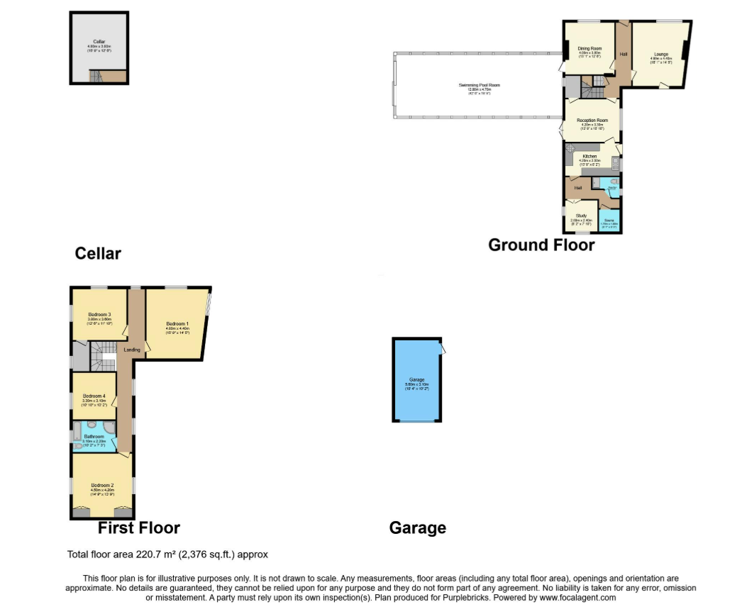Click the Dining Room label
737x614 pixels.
(589, 48)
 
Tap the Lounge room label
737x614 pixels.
(660, 54)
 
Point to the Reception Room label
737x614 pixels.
(592, 121)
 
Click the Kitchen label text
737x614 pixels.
(589, 156)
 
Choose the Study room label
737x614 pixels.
(580, 216)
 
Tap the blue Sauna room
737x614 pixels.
(609, 221)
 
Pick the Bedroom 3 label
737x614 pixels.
(99, 314)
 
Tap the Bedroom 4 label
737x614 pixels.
(94, 396)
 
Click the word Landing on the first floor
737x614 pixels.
(132, 350)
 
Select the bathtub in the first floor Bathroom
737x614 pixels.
(77, 434)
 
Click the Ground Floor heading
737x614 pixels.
(541, 245)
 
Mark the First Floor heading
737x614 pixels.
(138, 528)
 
